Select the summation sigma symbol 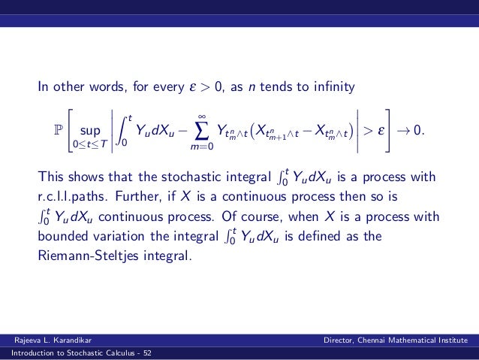point(200,130)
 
